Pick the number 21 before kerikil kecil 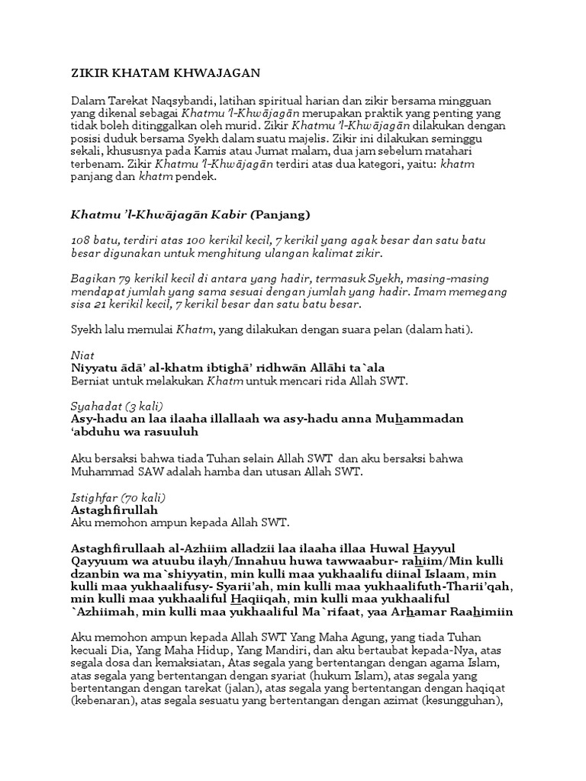pos(101,304)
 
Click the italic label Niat pos(80,355)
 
